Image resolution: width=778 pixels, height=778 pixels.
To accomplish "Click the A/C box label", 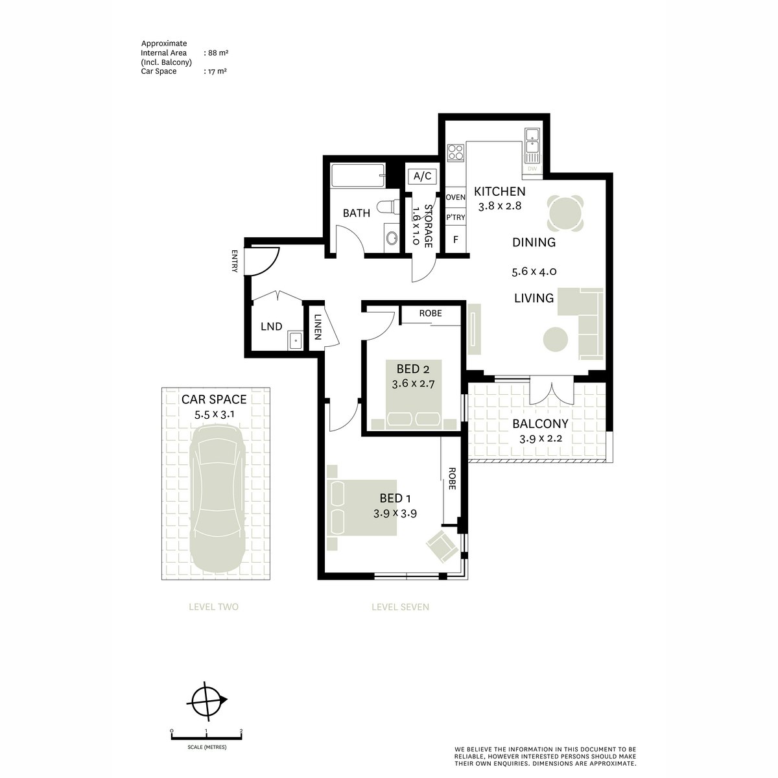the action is (422, 176).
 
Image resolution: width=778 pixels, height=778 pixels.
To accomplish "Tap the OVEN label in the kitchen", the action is (455, 197).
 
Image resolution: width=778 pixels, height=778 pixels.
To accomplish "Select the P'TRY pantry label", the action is (455, 217).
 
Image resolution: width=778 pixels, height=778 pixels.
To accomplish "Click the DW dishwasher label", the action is (532, 169).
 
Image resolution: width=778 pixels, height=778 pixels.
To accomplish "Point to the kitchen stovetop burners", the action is (455, 152).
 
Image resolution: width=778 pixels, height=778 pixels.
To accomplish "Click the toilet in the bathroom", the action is (388, 207).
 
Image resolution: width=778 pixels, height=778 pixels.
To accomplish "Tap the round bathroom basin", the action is (391, 238).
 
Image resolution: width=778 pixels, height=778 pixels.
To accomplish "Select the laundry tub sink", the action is (295, 340).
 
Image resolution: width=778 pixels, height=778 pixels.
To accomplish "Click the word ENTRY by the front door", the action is (235, 261).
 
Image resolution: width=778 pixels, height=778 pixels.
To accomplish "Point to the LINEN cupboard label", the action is (317, 327).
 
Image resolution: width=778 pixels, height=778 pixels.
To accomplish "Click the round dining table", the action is (565, 213).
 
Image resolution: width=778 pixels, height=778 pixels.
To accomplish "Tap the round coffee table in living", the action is (556, 339).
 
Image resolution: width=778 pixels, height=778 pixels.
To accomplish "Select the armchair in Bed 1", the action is (443, 547).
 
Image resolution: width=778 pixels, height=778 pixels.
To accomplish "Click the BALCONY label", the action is (540, 424).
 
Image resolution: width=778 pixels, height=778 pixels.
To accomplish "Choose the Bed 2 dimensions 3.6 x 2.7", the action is (413, 384).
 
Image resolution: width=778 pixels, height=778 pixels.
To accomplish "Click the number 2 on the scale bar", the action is (241, 742).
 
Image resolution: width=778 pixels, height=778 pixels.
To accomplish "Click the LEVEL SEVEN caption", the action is (400, 607).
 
